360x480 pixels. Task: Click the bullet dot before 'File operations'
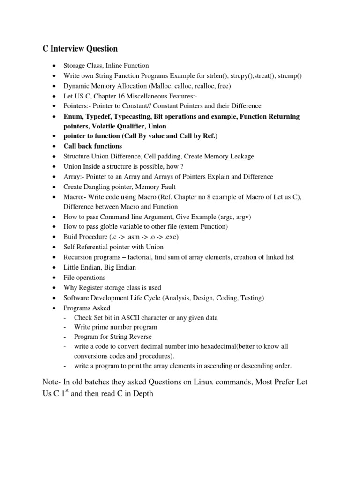pos(56,277)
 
